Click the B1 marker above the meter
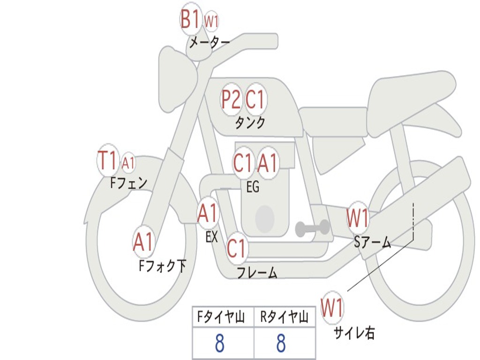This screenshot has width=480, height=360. (x=191, y=19)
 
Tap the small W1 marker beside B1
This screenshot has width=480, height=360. (x=211, y=22)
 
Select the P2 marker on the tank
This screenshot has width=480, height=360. (x=231, y=99)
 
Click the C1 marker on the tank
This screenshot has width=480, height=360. (x=255, y=99)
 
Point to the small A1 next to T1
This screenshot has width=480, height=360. (x=128, y=163)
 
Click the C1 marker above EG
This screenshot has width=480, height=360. (x=243, y=163)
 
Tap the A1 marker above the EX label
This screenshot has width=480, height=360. (x=208, y=213)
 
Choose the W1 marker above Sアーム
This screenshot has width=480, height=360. (x=357, y=217)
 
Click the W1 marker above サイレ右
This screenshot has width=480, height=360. (x=332, y=307)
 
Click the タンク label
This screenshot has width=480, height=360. (x=250, y=123)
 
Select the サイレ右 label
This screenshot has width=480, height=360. (x=354, y=333)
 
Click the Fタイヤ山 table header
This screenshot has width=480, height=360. (x=221, y=317)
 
